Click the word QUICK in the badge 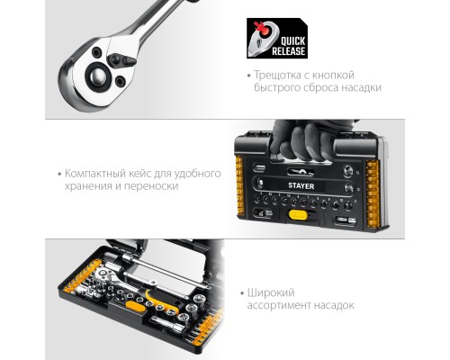pyautogui.click(x=292, y=41)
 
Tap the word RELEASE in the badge pyautogui.click(x=288, y=51)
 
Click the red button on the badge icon pyautogui.click(x=265, y=31)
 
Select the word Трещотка pyautogui.click(x=277, y=75)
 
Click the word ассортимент pyautogui.click(x=279, y=306)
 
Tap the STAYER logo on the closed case pyautogui.click(x=301, y=185)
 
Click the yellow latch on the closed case pyautogui.click(x=298, y=215)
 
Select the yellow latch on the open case pyautogui.click(x=134, y=306)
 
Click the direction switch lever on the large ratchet pyautogui.click(x=121, y=60)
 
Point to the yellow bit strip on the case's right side pyautogui.click(x=373, y=194)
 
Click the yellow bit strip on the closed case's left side pyautogui.click(x=239, y=185)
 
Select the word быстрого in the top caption pyautogui.click(x=276, y=88)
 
